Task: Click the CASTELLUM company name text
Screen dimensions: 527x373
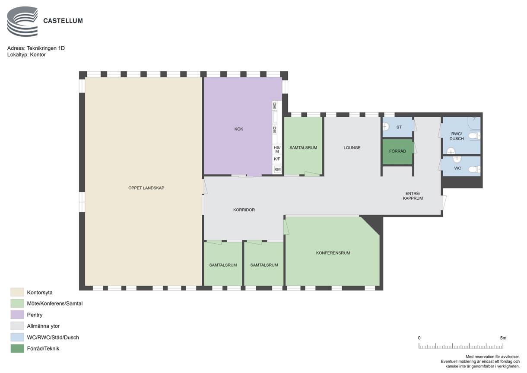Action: click(63, 21)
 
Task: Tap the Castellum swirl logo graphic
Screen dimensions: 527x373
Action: click(22, 22)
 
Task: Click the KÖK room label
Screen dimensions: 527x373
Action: click(238, 129)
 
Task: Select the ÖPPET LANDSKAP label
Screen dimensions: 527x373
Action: click(146, 188)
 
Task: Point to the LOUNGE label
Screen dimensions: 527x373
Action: click(352, 147)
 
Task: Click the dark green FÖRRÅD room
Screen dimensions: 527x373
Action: click(397, 152)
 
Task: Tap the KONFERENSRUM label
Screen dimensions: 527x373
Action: click(333, 253)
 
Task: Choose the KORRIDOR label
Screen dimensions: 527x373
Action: click(244, 210)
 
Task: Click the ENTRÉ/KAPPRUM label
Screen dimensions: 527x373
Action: click(413, 196)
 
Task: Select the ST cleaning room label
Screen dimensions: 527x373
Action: click(399, 127)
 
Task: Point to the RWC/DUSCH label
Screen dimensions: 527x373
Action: click(457, 136)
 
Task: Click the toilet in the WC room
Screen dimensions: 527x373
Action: click(474, 169)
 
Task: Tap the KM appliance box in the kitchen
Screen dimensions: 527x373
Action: click(277, 169)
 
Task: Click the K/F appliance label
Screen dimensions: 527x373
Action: click(277, 159)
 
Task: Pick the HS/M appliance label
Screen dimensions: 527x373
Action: click(277, 150)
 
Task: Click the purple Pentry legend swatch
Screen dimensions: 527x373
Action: click(17, 315)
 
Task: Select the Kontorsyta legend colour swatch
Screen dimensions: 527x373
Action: click(17, 292)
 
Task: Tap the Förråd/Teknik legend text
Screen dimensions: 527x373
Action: click(43, 348)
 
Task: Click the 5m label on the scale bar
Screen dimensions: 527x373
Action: click(503, 338)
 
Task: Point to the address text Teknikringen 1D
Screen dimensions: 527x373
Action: click(46, 48)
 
